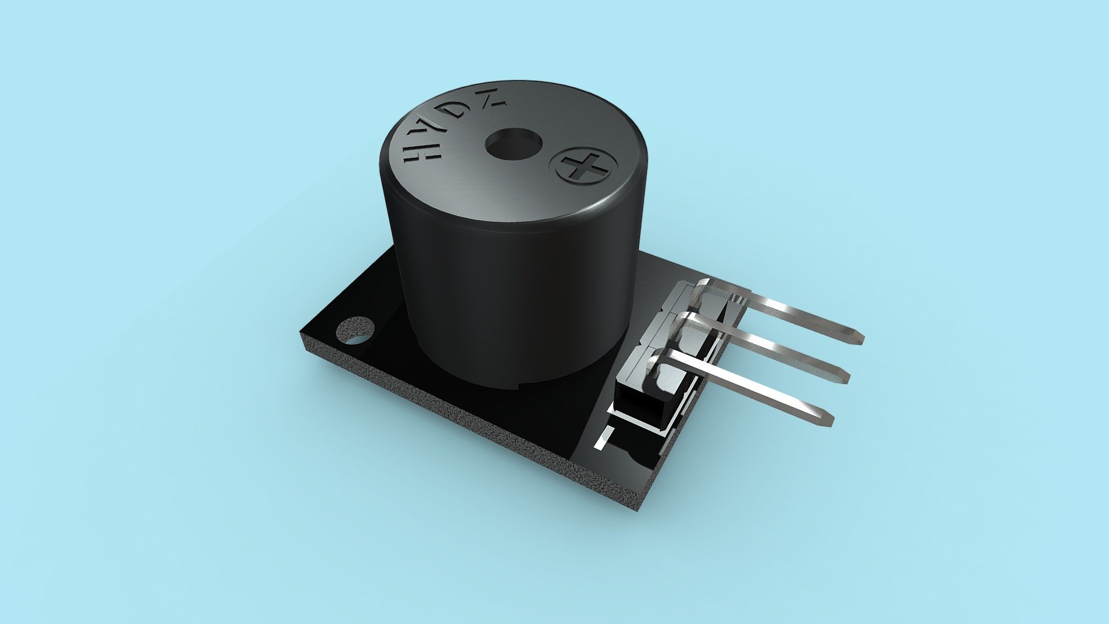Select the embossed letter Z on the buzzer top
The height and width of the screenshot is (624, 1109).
(492, 102)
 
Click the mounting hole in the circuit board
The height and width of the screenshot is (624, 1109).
(355, 330)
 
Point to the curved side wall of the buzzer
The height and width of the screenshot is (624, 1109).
(508, 300)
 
